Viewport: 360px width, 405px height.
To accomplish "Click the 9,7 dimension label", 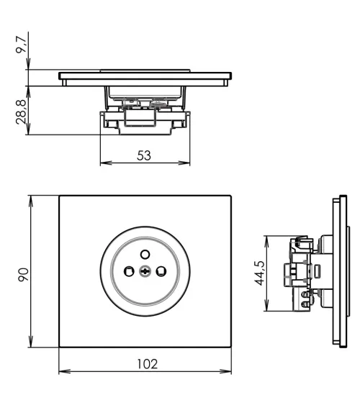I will [23, 47].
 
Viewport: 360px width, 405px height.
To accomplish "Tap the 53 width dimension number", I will [144, 155].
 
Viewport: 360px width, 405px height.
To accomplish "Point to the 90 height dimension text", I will [23, 274].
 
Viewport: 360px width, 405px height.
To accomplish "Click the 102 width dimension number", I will [146, 364].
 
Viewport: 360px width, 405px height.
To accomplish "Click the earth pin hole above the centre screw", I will [146, 253].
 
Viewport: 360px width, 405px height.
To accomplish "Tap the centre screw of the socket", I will [146, 271].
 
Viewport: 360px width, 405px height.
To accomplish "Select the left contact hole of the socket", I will [130, 271].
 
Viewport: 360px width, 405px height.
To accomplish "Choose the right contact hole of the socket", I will [163, 271].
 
